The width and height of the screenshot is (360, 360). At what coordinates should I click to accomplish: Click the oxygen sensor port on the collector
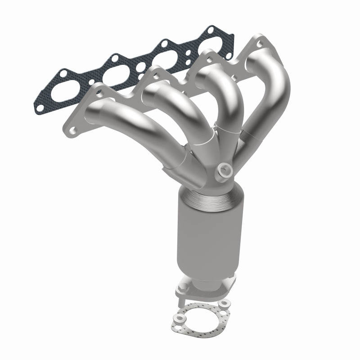225,170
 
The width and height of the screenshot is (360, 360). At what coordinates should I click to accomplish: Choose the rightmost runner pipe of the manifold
270,94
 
